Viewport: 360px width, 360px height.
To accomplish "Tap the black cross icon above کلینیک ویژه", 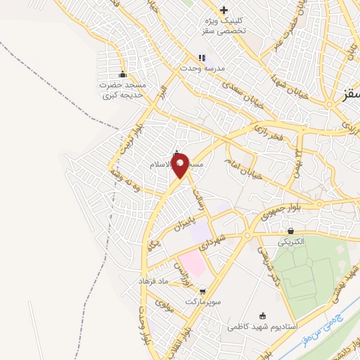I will pos(224,10).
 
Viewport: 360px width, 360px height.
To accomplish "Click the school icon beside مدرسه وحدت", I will pos(202,58).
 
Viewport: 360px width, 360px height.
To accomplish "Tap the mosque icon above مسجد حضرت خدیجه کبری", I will pos(124,75).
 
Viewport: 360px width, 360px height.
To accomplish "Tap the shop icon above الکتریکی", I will pos(290,231).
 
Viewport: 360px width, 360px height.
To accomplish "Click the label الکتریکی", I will pos(290,241).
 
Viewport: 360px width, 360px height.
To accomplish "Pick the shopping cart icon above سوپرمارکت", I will pos(203,290).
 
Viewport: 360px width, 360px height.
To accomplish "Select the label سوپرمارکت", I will pos(203,301).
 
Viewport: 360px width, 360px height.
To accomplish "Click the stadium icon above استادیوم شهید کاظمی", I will pos(263,315).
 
